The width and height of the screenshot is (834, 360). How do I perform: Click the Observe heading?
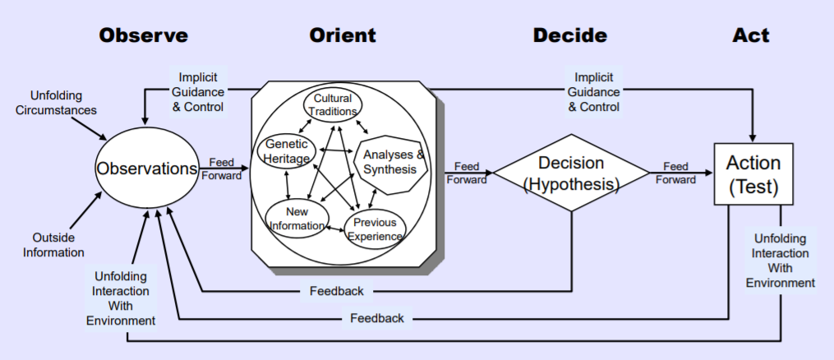click(x=143, y=35)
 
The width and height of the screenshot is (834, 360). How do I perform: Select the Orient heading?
click(x=343, y=35)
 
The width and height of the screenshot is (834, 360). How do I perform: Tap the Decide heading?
click(x=569, y=35)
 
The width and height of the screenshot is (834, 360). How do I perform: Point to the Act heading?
click(x=751, y=35)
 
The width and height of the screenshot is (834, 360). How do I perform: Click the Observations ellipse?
click(x=147, y=168)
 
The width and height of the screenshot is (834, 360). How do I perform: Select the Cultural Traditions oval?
click(x=333, y=105)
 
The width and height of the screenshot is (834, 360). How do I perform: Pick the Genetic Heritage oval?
click(x=287, y=151)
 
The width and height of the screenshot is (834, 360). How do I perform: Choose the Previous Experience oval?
click(x=376, y=229)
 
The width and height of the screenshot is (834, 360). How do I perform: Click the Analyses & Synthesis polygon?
click(x=394, y=162)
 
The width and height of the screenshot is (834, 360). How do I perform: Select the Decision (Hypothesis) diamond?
click(x=571, y=173)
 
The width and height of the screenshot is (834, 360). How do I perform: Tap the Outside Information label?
click(x=53, y=245)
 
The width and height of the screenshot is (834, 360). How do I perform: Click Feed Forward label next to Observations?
click(x=225, y=168)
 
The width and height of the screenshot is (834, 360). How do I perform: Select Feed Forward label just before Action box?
click(x=675, y=173)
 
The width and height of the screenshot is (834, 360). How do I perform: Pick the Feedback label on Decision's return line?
click(x=337, y=291)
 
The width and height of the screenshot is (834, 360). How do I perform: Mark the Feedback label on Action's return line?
click(x=376, y=318)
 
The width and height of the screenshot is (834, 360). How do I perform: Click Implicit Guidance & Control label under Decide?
click(x=593, y=92)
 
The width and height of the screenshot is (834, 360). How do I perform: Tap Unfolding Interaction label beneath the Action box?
click(x=780, y=261)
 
